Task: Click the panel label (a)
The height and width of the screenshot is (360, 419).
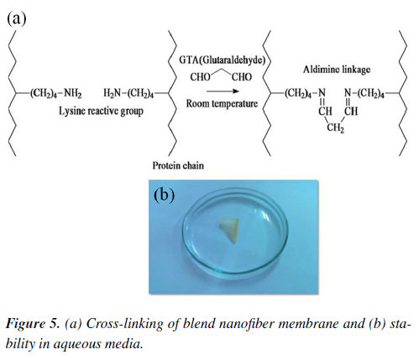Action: pos(17,19)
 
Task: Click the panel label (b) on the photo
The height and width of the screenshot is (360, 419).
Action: pos(164,195)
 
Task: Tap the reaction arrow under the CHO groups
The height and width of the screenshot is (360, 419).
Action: pos(223,91)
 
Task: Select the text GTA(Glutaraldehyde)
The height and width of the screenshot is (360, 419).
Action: pos(222,60)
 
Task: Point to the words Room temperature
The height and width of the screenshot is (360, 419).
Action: pos(222,104)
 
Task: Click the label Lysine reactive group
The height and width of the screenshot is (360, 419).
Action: pos(101,112)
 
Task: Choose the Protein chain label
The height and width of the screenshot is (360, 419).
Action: pos(178,165)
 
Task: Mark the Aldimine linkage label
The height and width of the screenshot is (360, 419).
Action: pos(337,70)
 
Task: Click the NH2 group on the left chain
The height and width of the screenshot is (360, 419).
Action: pos(73,93)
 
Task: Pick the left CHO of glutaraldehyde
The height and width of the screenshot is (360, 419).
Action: pos(200,77)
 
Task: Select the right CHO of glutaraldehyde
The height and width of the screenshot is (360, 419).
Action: pos(242,77)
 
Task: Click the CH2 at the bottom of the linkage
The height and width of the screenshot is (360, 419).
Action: pos(335,128)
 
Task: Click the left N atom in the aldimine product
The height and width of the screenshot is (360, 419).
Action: pos(322,92)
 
